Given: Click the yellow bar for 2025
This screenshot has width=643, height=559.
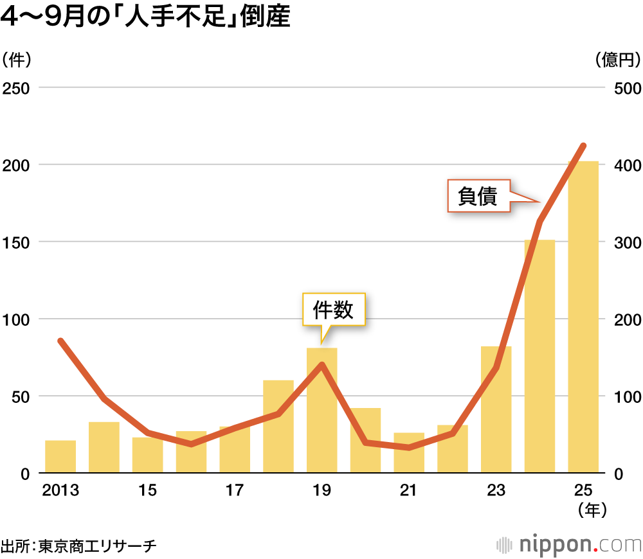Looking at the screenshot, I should pos(583,317).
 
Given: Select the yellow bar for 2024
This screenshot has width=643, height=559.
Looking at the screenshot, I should pos(539,357).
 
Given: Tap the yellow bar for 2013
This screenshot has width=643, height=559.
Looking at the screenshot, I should pos(60,457).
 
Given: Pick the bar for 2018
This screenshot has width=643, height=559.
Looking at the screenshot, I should pos(278,427).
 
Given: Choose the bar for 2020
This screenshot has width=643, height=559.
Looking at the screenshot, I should pos(365,441).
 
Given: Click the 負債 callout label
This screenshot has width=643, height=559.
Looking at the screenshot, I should pos(479,196).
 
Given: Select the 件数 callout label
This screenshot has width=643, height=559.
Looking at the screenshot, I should pos(334,310).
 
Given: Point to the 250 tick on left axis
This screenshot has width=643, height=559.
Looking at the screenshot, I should pos(17,88).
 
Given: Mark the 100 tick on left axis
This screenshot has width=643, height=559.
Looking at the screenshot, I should pos(17,319).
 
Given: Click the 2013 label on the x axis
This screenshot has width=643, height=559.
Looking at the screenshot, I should pos(60,491).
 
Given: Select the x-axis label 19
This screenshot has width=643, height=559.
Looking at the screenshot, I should pos(321,491).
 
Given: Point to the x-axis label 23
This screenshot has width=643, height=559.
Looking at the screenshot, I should pos(496,491).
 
